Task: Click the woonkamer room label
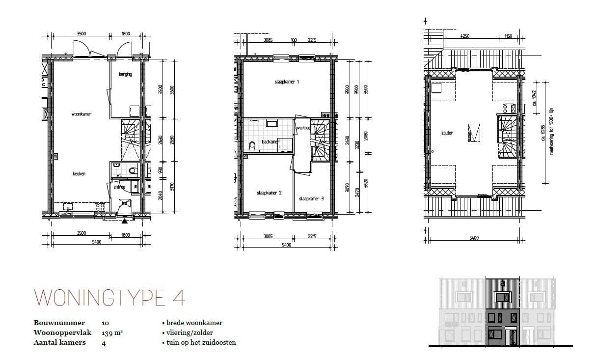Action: point(81,114)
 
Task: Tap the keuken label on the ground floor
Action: point(79,173)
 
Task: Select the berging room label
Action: point(125,74)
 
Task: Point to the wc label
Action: point(119,175)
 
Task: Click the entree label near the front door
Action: point(119,187)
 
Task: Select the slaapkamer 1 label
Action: point(287,82)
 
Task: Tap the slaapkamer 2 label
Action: point(269,193)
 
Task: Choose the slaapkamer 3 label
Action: point(311,199)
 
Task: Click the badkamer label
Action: point(270,142)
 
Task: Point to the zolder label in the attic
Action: point(446,133)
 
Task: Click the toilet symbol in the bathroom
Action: point(252,146)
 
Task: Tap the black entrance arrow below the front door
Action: point(123,221)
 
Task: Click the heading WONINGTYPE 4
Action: point(109,298)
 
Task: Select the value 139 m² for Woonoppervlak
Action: point(112,332)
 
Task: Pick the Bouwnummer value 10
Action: point(106,323)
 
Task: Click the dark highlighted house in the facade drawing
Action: point(502,311)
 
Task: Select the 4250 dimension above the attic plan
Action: point(465,36)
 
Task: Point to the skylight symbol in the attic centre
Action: point(474,133)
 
